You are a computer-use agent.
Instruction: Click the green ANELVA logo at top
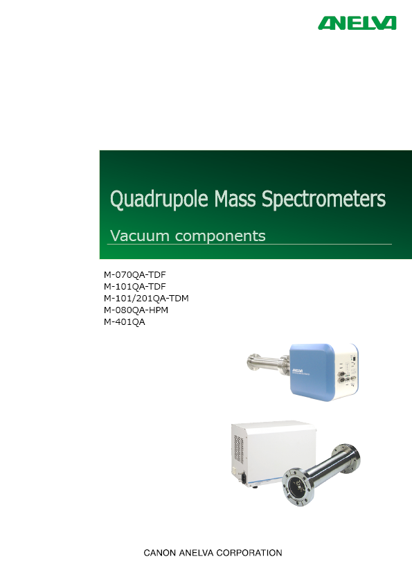pyautogui.click(x=357, y=23)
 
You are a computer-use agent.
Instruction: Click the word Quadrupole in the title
pyautogui.click(x=159, y=199)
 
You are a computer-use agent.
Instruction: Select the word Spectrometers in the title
pyautogui.click(x=323, y=199)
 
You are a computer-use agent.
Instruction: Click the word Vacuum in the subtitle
pyautogui.click(x=140, y=236)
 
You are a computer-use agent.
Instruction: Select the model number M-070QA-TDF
pyautogui.click(x=135, y=275)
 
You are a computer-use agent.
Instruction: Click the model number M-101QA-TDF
pyautogui.click(x=135, y=286)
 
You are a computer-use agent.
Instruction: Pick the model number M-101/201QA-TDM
pyautogui.click(x=146, y=299)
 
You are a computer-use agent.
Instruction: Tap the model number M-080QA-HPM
pyautogui.click(x=136, y=310)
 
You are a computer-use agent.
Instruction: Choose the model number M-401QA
pyautogui.click(x=125, y=322)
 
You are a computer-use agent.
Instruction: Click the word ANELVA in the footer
pyautogui.click(x=196, y=553)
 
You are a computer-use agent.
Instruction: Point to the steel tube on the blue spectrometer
pyautogui.click(x=268, y=363)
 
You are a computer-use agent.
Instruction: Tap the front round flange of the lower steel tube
pyautogui.click(x=298, y=487)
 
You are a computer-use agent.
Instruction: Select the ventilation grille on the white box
pyautogui.click(x=239, y=450)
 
